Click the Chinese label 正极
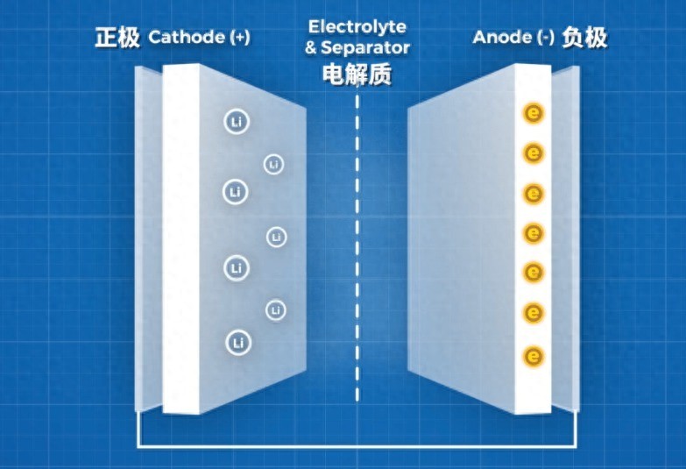(117, 39)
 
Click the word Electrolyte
(357, 28)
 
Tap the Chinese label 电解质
(357, 75)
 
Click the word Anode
(502, 38)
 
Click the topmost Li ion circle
(236, 123)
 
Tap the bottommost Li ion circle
(237, 342)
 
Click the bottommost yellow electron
(533, 356)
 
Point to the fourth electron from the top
(533, 233)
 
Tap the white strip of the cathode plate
(180, 237)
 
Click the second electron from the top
(533, 153)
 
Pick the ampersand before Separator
(310, 48)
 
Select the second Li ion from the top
(274, 164)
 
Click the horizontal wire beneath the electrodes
(357, 446)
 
